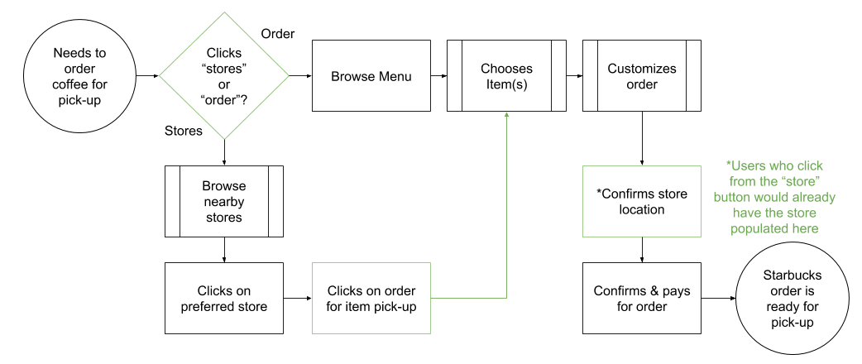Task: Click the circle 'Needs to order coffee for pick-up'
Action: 79,77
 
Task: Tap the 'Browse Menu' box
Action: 371,76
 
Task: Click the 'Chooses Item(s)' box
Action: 506,76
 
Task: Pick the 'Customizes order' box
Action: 641,76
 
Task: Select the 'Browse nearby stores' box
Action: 223,202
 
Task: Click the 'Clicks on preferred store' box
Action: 223,299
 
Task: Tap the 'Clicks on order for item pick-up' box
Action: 371,299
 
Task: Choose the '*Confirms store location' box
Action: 641,202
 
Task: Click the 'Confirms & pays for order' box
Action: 641,299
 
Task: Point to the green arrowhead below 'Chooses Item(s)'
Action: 506,117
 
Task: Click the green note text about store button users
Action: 773,198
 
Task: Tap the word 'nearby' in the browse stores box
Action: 223,202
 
